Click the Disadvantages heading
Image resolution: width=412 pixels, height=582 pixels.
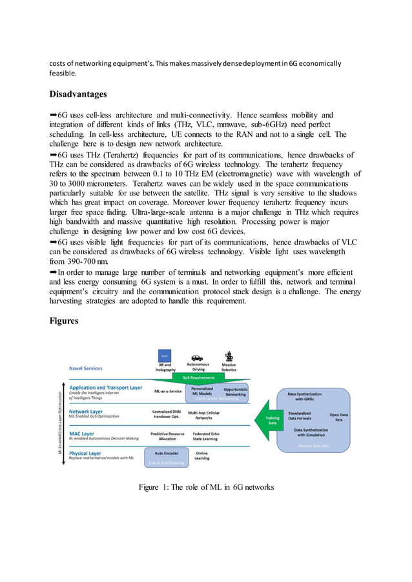(80, 94)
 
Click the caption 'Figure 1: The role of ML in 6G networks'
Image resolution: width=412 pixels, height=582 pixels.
(206, 487)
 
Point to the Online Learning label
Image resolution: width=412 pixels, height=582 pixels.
(201, 456)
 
